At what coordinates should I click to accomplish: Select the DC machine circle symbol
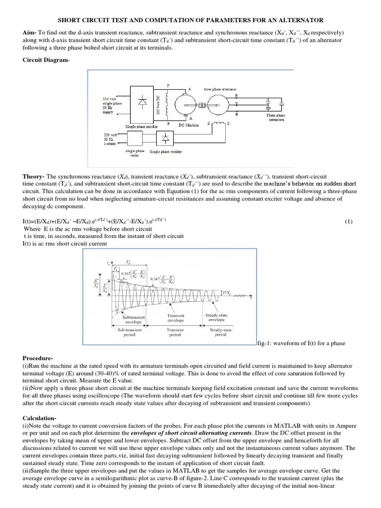pos(188,105)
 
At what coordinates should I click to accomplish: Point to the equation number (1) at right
pos(348,222)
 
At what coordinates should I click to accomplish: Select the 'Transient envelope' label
pos(176,318)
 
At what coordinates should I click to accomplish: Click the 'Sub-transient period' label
pos(129,332)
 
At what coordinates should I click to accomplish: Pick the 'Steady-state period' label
pos(220,332)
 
